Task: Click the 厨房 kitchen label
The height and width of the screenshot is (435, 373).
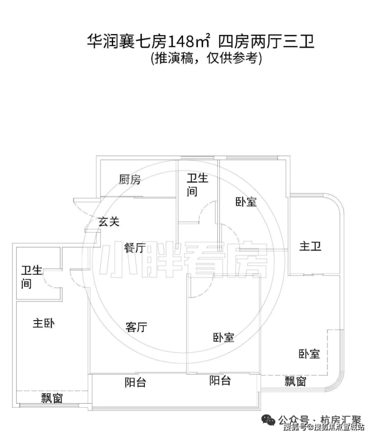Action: coord(130,179)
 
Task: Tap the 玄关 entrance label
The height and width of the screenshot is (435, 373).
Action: coord(109,221)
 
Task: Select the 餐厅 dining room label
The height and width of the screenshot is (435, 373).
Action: coord(135,247)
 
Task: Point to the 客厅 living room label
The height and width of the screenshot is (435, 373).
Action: coord(136,327)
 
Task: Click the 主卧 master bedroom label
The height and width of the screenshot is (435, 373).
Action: coord(44,323)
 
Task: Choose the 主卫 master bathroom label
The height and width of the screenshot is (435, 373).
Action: coord(310,246)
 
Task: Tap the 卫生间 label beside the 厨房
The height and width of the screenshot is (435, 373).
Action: coord(197,185)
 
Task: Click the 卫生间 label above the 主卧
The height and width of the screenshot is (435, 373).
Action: coord(32,277)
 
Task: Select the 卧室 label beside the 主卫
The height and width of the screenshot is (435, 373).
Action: coord(246,202)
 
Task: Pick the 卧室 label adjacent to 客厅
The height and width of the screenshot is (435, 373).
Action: coord(223,337)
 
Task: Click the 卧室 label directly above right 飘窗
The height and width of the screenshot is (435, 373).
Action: coord(309,354)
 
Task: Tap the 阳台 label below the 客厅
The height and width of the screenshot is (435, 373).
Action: coord(135,383)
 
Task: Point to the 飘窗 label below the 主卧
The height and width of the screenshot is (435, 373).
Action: coord(52,398)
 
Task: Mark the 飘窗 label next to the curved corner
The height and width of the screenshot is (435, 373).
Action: coord(295,382)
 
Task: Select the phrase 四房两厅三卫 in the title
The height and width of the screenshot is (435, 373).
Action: coord(266,42)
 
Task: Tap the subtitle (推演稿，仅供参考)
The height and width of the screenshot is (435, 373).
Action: coord(206,58)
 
